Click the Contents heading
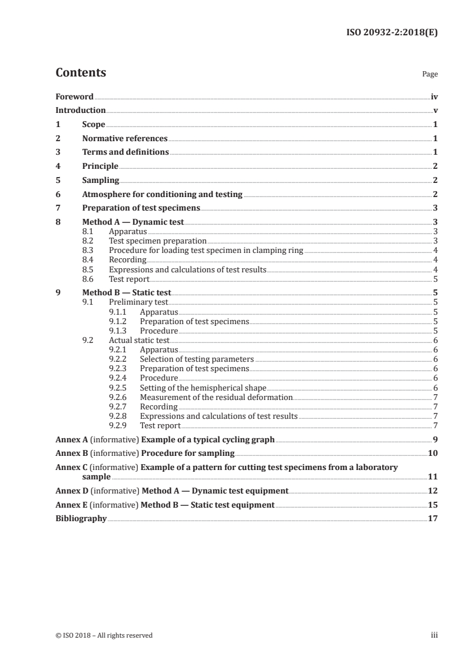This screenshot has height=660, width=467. point(81,73)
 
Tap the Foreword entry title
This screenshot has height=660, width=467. point(75,96)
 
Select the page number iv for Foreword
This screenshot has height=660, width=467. point(434,96)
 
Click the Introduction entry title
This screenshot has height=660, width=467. point(81,110)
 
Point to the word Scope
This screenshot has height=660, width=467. point(94,124)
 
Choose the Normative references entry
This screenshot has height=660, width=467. point(125,138)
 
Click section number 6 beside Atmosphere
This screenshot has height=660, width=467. point(58,194)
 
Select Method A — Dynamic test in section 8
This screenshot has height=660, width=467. point(133,222)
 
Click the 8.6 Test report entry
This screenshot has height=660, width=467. point(129,279)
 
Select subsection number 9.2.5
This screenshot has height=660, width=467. point(120,388)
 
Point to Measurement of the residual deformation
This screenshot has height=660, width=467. point(216,397)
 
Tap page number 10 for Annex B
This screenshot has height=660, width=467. point(432,453)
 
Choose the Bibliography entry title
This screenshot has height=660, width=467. point(81,518)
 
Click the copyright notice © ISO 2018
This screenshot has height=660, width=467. point(104,635)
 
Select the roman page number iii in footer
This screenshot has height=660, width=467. point(435,635)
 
